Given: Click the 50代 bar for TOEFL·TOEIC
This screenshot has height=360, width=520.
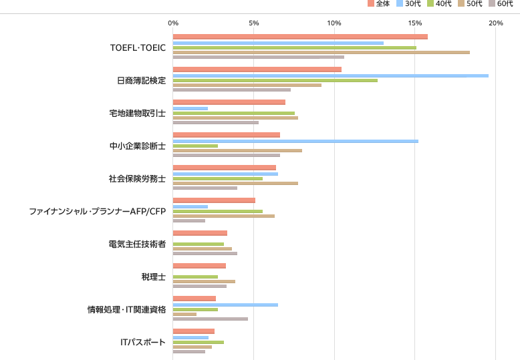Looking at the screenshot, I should pyautogui.click(x=321, y=52).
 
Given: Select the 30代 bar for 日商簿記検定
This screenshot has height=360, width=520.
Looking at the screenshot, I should pyautogui.click(x=330, y=75).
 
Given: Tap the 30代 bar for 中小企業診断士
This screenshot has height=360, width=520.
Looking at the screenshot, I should pyautogui.click(x=295, y=141).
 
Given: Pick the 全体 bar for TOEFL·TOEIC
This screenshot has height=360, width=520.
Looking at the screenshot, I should pyautogui.click(x=300, y=37).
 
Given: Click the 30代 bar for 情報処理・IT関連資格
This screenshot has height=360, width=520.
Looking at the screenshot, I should pyautogui.click(x=225, y=305).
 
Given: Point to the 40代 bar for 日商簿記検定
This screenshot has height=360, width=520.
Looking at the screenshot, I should pyautogui.click(x=275, y=80).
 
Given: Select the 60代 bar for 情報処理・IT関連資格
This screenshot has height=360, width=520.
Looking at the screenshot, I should pyautogui.click(x=210, y=319).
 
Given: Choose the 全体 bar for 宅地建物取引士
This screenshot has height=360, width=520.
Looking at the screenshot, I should pyautogui.click(x=229, y=102).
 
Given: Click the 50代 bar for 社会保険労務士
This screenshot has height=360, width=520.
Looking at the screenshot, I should pyautogui.click(x=235, y=182).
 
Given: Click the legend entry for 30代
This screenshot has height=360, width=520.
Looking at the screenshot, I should pyautogui.click(x=408, y=4).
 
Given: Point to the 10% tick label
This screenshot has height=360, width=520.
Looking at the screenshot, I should pyautogui.click(x=334, y=23).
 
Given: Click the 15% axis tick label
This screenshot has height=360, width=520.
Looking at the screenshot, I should pyautogui.click(x=415, y=23).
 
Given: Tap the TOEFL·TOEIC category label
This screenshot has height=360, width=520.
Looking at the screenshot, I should pyautogui.click(x=138, y=47).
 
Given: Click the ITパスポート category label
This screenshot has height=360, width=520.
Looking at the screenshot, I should pyautogui.click(x=142, y=342).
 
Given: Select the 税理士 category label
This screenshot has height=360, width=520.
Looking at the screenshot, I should pyautogui.click(x=153, y=277).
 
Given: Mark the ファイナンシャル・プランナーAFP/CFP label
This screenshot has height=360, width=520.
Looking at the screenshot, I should pyautogui.click(x=97, y=211).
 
